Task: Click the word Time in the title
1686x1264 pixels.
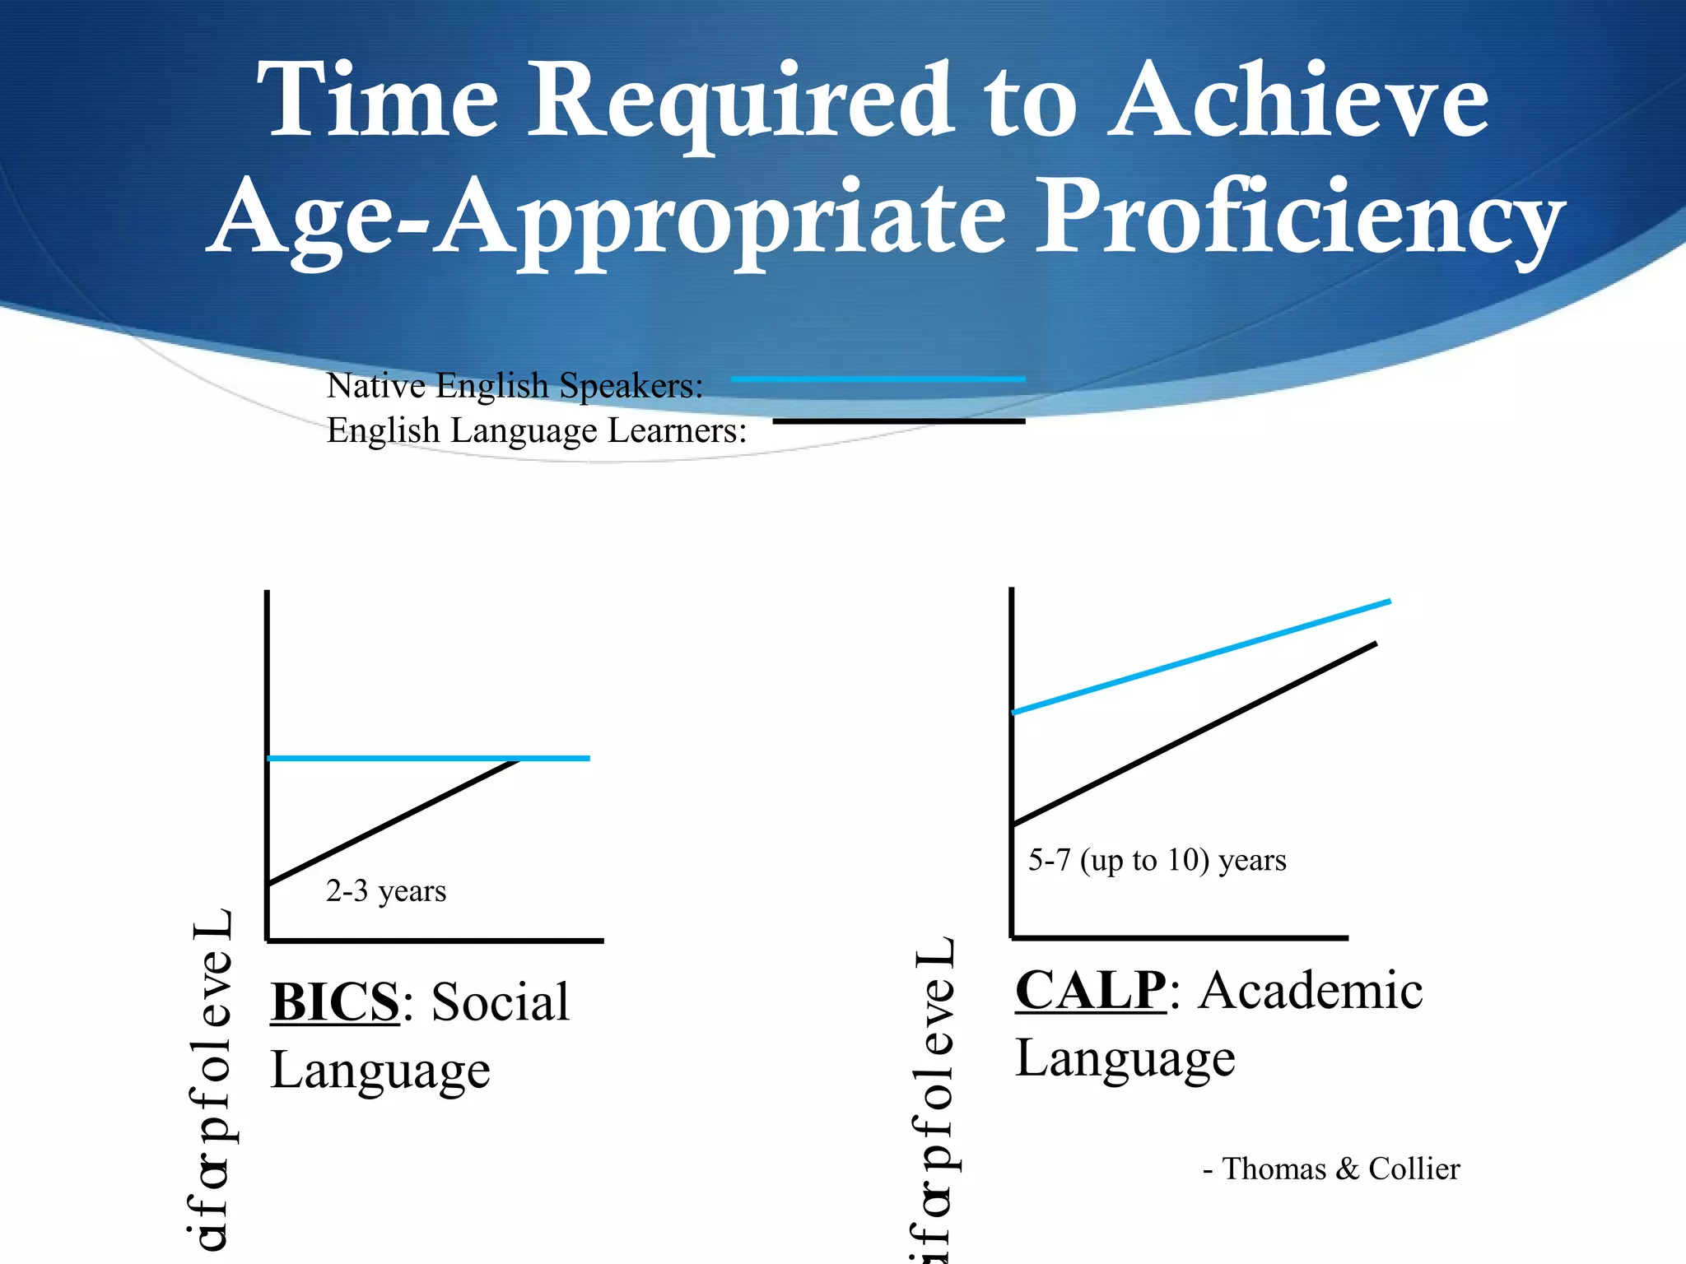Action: pos(377,100)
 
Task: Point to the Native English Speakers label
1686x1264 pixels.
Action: pos(515,385)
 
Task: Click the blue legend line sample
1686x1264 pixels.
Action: pos(878,379)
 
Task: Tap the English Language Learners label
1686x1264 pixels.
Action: pos(536,430)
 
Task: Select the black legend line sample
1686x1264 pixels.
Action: pos(898,421)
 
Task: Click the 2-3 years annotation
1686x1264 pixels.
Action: pos(386,891)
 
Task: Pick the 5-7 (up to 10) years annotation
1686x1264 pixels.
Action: pos(1157,861)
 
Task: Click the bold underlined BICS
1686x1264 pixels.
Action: pos(335,1002)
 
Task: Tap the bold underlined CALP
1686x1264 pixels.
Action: pos(1090,990)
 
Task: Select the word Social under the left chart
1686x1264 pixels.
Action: pos(501,1002)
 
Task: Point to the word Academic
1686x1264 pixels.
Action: pos(1310,990)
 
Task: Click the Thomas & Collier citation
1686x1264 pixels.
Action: pos(1331,1169)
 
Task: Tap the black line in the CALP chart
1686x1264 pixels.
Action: pos(1194,733)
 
